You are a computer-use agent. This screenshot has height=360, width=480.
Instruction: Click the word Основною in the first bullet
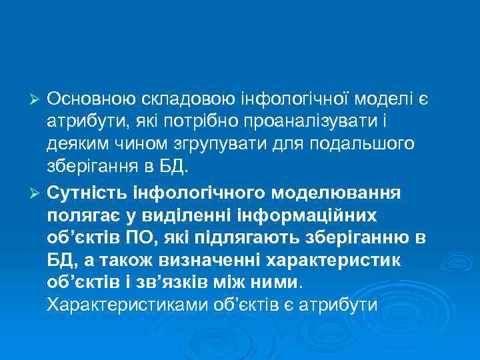point(91,99)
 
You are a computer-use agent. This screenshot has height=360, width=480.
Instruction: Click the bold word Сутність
point(90,193)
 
